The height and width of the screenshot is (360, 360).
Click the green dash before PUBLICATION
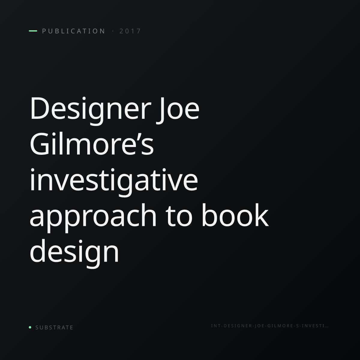[33, 31]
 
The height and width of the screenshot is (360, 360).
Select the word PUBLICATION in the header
[73, 31]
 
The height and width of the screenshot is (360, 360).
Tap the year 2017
[130, 31]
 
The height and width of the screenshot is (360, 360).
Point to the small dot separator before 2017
[113, 31]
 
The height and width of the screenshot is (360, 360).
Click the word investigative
[114, 181]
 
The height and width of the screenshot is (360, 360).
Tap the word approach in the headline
[93, 217]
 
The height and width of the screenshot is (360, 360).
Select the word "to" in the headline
[179, 217]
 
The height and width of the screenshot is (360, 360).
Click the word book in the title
[235, 215]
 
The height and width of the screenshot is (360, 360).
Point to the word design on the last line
[74, 253]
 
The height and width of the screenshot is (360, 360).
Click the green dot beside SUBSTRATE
[30, 327]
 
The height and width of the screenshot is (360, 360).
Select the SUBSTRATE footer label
[54, 328]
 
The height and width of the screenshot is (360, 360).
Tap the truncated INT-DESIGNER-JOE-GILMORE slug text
[270, 326]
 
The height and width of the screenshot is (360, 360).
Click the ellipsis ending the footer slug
[327, 327]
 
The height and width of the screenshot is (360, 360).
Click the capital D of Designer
[39, 108]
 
